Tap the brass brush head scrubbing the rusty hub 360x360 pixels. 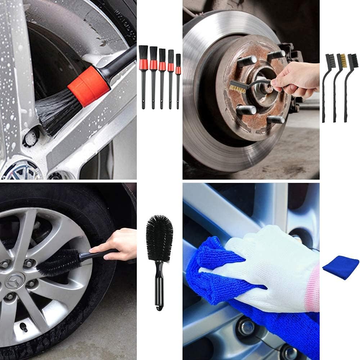coord(238,87)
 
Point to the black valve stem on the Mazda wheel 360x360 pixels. coord(24,328)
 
